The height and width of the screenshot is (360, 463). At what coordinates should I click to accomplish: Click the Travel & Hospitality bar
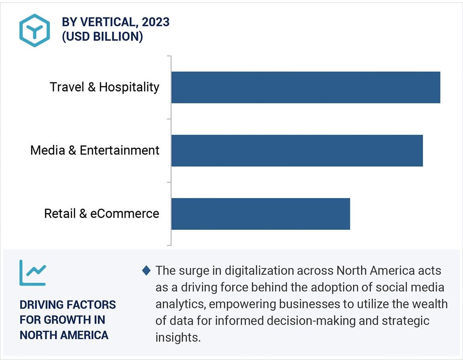click(306, 87)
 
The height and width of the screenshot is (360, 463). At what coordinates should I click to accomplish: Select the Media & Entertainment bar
click(297, 150)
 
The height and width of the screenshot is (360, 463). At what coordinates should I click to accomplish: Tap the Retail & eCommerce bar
click(260, 214)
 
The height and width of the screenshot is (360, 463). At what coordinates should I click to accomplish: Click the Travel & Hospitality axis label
click(104, 87)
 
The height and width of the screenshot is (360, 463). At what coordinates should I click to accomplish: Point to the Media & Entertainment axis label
click(95, 150)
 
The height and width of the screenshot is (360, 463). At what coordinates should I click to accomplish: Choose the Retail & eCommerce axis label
click(101, 214)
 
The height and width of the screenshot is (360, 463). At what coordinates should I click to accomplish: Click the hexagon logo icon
click(35, 30)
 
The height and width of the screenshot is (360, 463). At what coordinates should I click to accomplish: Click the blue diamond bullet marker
click(146, 271)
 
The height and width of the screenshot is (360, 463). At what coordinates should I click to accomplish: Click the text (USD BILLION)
click(102, 36)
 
